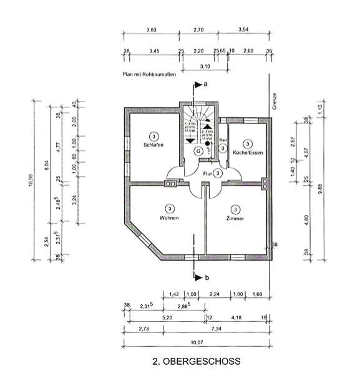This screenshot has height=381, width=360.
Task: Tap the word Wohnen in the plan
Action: (168, 218)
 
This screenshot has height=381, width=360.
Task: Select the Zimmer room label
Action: (235, 219)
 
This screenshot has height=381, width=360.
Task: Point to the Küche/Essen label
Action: (247, 153)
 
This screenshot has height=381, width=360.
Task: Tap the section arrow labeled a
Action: (200, 84)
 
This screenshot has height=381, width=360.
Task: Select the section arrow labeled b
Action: (200, 277)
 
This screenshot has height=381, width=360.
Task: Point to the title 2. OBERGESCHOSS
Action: (196, 360)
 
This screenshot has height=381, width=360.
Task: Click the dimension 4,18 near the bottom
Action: (237, 317)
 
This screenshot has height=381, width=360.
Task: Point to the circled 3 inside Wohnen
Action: (168, 208)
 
